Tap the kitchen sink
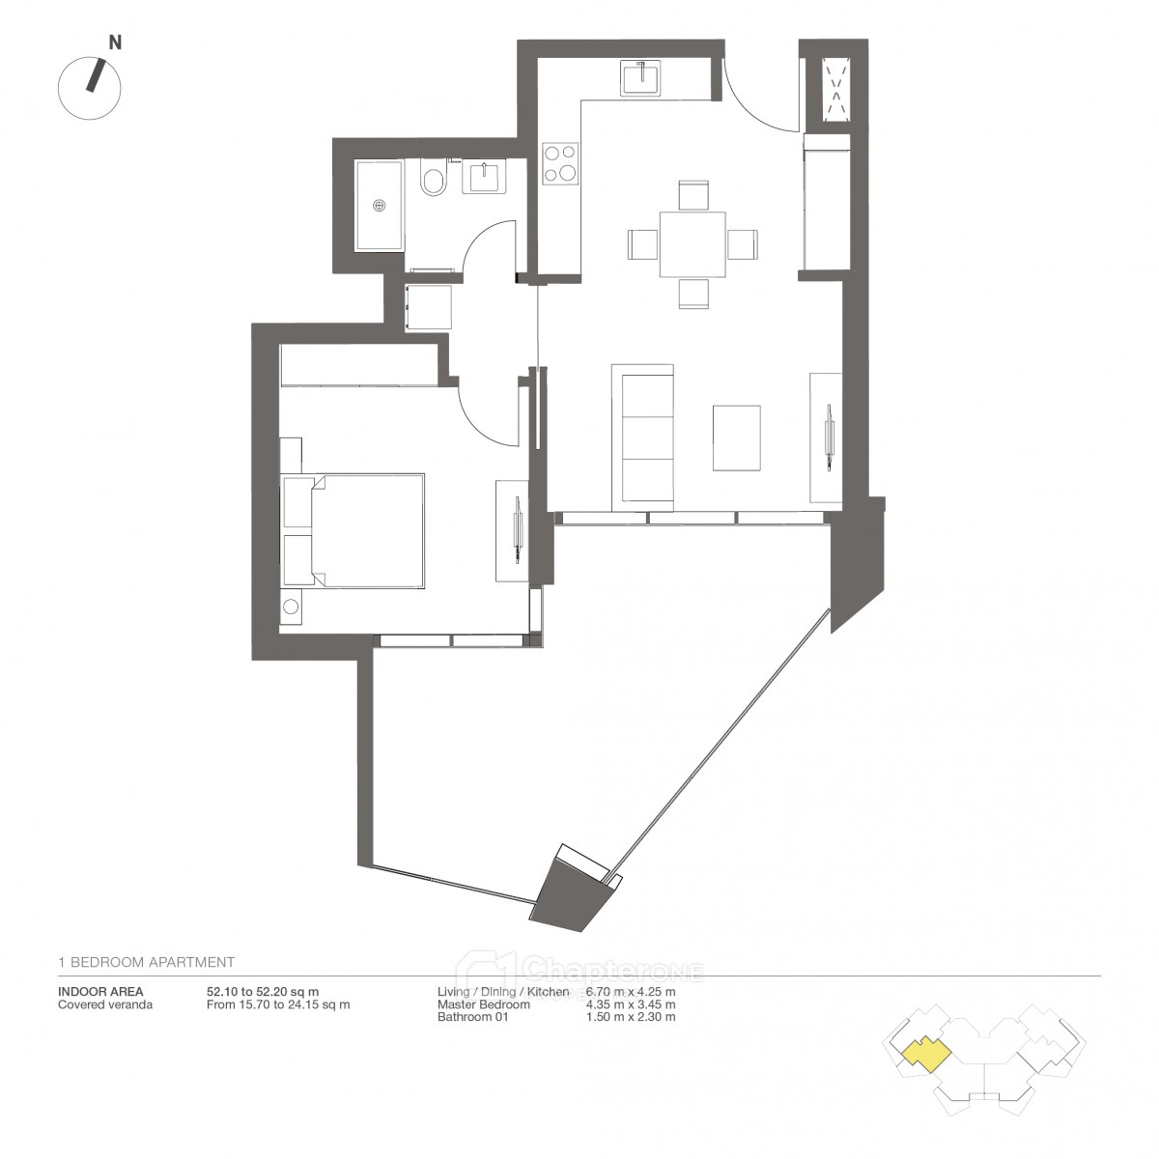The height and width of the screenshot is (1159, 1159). click(x=641, y=77)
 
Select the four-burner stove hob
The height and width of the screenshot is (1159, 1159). click(x=560, y=163)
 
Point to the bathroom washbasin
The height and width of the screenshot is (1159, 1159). click(x=485, y=176)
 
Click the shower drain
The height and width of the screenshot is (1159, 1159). click(x=379, y=205)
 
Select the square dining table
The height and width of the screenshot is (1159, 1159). click(x=693, y=244)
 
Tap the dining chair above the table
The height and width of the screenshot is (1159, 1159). click(x=693, y=195)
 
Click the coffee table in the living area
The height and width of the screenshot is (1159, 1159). click(x=736, y=438)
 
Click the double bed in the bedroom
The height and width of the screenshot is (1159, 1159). click(x=353, y=530)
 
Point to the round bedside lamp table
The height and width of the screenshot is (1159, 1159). click(x=291, y=607)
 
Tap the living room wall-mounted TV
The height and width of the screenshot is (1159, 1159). click(x=829, y=436)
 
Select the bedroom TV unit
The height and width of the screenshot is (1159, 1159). click(x=512, y=531)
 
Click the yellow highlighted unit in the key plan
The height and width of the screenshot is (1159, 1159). click(x=926, y=1057)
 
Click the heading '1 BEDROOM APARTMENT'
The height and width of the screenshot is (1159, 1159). click(x=146, y=962)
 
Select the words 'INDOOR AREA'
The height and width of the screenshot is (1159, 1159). click(x=100, y=992)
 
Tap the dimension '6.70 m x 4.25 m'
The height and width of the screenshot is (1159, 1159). click(x=631, y=992)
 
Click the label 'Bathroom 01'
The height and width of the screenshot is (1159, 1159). click(x=472, y=1017)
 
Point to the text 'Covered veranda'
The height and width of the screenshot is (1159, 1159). click(x=105, y=1004)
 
